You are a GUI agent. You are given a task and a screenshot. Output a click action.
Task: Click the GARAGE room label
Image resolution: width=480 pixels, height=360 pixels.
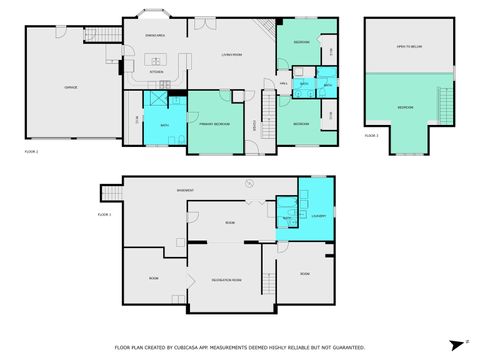pos(71,88)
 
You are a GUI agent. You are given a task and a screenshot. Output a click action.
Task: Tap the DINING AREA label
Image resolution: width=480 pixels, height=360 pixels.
pos(155,35)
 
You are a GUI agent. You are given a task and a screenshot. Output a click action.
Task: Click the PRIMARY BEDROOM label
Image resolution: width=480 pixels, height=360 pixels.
pos(215,123)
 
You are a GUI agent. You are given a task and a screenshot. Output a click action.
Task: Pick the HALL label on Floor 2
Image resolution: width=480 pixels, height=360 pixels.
pos(284,83)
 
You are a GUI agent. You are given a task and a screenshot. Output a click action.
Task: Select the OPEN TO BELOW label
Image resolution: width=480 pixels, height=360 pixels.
pos(406,46)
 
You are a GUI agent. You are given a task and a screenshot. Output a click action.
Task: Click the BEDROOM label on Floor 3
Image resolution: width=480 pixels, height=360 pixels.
pos(405,107)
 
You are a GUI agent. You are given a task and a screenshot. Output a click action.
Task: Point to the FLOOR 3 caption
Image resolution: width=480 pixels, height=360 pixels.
pos(371,134)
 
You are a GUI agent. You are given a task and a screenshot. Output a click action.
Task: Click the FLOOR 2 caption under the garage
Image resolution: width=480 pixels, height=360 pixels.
pos(31,151)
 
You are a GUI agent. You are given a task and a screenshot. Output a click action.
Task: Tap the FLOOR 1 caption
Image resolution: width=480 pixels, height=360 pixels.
pos(104,214)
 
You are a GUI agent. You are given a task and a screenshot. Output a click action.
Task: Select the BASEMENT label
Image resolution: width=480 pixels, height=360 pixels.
pos(185,189)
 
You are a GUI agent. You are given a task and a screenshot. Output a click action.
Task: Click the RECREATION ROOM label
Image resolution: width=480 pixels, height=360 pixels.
pos(225,280)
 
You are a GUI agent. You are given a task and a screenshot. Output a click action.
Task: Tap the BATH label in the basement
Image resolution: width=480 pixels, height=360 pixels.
pos(286,217)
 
